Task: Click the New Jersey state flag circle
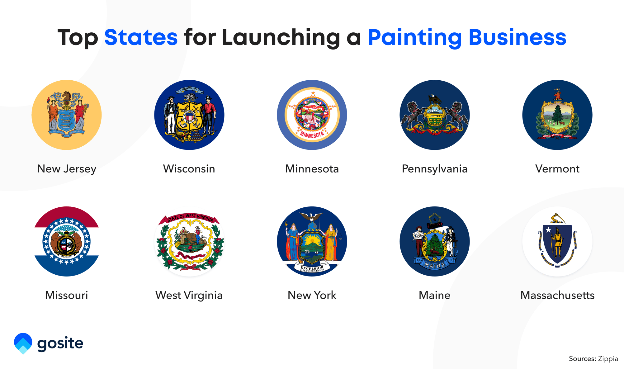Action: point(67,115)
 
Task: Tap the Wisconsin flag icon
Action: point(189,115)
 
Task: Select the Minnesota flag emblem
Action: point(312,115)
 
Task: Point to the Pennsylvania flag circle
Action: point(435,115)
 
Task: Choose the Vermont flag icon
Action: point(557,115)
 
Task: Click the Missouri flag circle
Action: point(67,241)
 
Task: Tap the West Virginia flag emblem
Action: point(189,241)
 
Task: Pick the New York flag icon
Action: point(312,241)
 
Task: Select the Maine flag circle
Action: point(435,241)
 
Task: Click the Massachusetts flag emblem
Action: point(557,241)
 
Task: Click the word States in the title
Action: point(141,37)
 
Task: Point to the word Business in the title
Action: point(517,37)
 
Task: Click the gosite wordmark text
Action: point(60,343)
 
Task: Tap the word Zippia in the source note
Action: point(608,359)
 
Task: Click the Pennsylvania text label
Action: point(435,169)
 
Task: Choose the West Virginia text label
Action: point(189,295)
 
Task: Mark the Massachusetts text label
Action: point(557,295)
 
